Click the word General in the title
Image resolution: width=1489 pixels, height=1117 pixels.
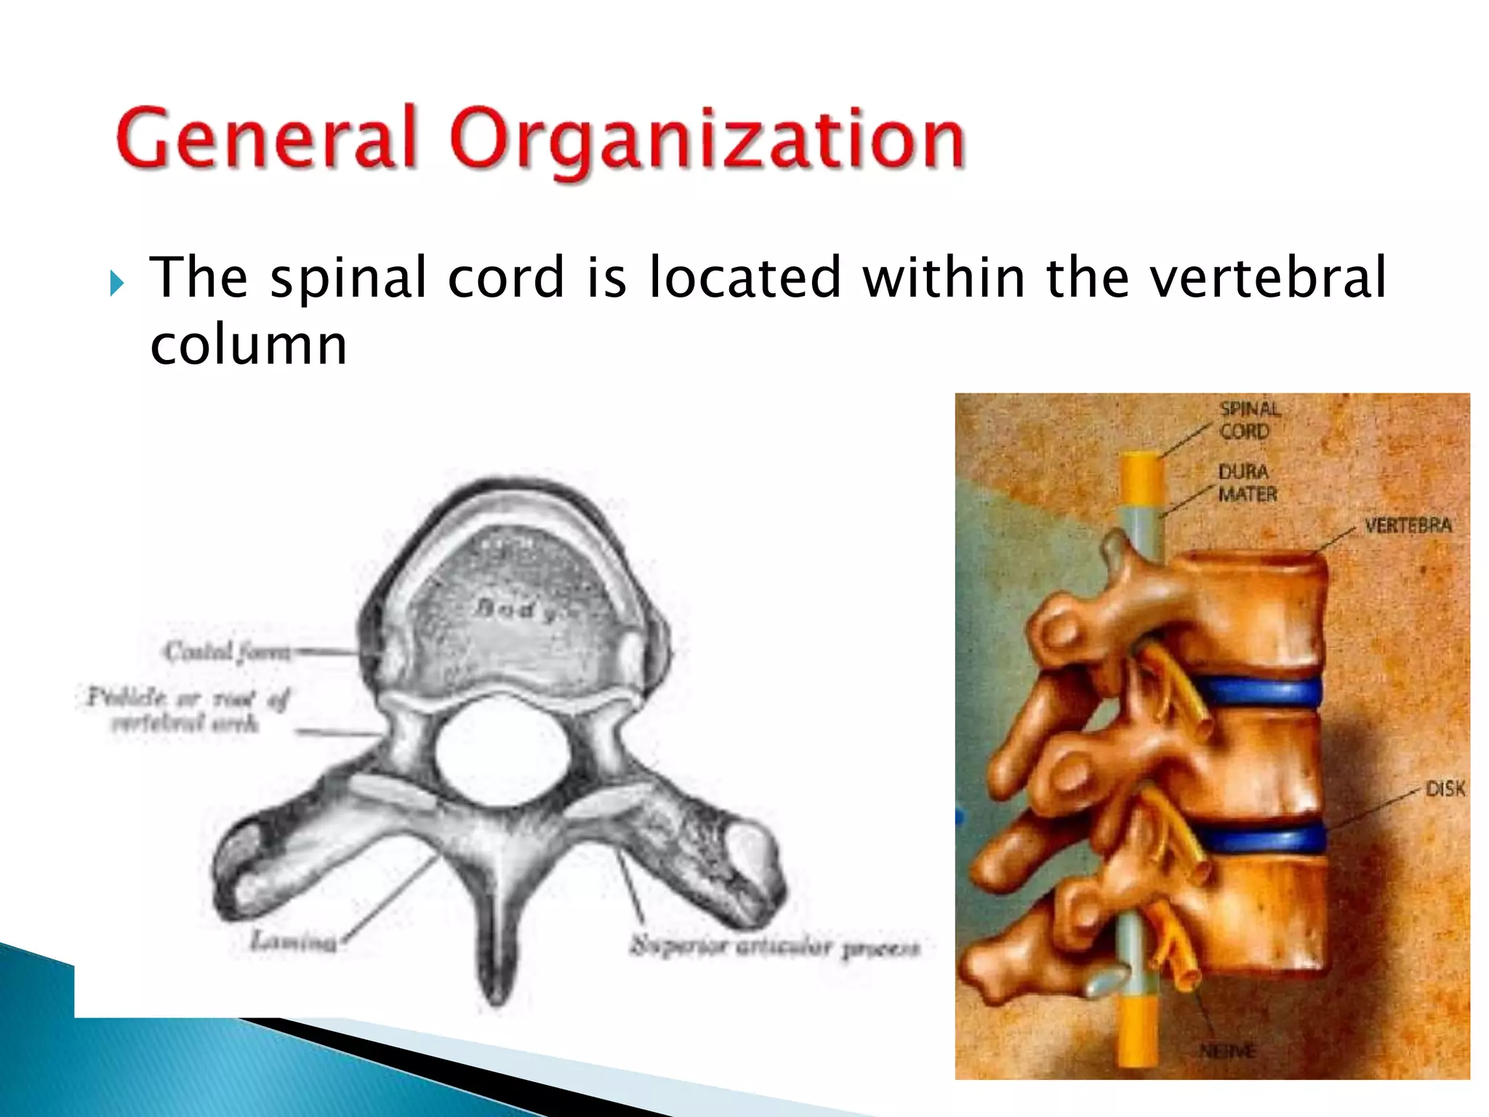(266, 138)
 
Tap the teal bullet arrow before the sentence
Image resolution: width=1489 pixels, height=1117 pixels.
(116, 283)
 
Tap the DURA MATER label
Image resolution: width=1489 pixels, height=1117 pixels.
(1246, 484)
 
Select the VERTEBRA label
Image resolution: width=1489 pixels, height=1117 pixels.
(1407, 526)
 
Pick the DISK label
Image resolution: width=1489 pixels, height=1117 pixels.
(1444, 789)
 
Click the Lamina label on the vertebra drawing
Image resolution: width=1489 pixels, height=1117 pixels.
(294, 942)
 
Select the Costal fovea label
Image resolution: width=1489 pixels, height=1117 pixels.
(227, 652)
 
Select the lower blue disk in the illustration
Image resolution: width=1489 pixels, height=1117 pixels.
(1261, 840)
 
